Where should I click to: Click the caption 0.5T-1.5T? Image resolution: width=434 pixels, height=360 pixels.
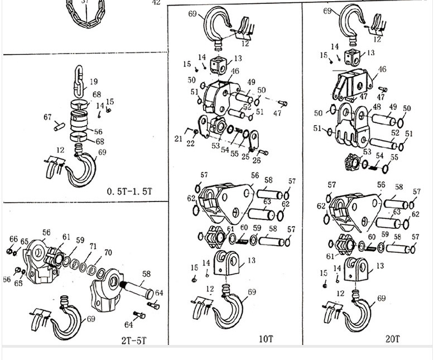129,192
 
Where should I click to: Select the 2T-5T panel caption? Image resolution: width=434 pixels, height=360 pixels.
134,340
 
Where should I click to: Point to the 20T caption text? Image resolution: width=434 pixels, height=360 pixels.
393,339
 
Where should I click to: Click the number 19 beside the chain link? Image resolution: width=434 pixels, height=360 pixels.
94,82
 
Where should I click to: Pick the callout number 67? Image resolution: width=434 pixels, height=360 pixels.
48,117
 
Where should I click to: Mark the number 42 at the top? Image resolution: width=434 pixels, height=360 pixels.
156,3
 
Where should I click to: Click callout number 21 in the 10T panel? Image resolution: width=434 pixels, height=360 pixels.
178,138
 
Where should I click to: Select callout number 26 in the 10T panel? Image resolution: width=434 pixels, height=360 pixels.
257,161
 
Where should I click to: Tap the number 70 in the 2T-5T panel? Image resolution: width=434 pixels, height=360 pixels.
108,253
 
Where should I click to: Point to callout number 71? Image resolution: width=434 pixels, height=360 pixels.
93,246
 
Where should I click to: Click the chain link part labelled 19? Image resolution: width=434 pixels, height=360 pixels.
79,79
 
